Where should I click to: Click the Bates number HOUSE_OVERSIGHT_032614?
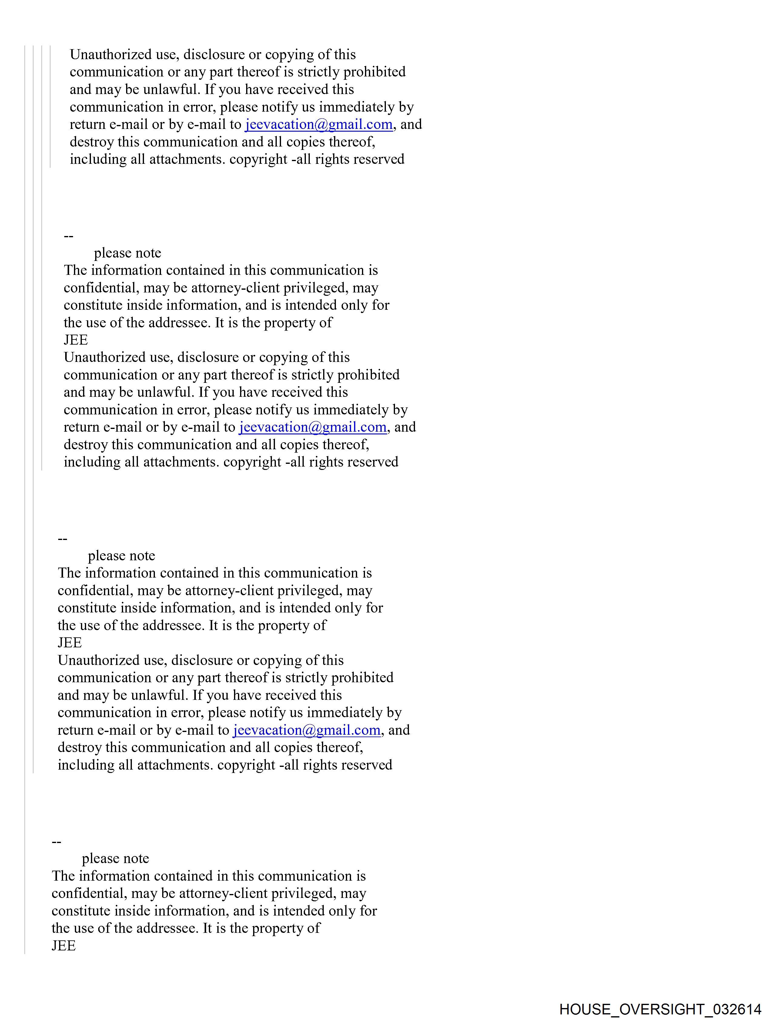coord(660,1009)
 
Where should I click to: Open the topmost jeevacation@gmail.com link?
coord(319,124)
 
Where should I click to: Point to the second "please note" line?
coord(122,555)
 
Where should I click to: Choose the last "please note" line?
coord(115,858)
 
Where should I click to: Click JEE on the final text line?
coord(64,946)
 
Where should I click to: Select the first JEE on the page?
coord(76,340)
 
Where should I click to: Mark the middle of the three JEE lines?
coord(70,643)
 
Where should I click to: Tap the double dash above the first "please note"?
coord(68,236)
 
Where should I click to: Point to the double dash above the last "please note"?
coord(56,842)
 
